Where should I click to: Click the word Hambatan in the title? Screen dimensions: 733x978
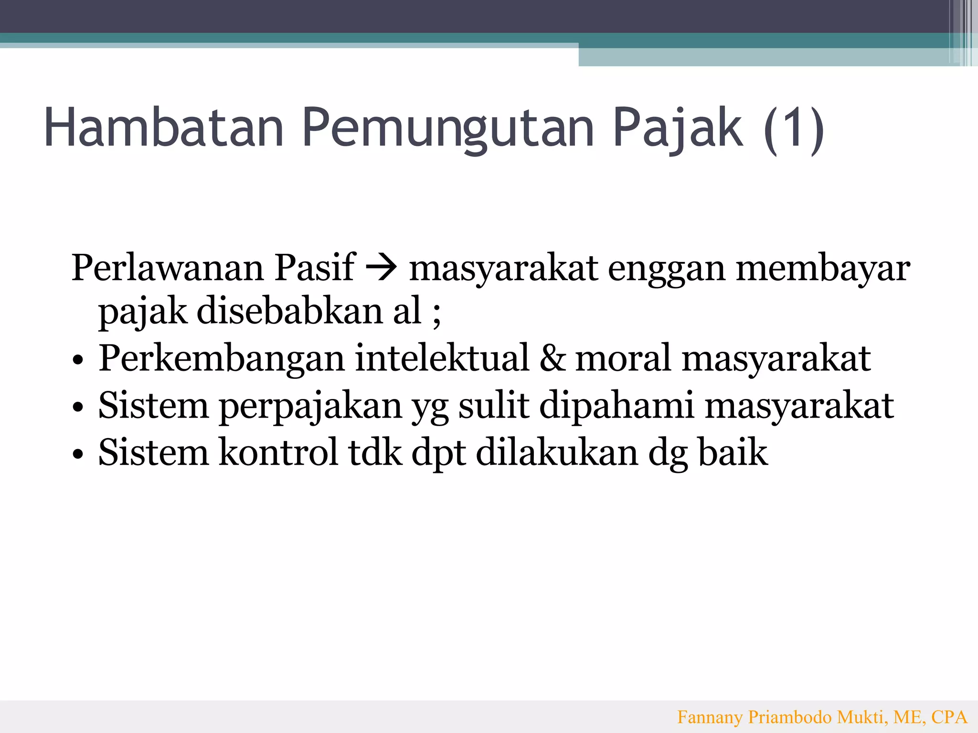[164, 127]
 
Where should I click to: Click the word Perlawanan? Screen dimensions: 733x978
[167, 268]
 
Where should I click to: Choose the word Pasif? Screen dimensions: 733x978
[315, 268]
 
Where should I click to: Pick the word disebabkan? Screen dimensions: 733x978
[290, 312]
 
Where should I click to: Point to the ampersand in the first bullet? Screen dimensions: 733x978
[552, 358]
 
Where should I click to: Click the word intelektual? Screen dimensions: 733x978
[442, 358]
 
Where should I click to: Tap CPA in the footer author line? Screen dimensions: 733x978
[949, 717]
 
